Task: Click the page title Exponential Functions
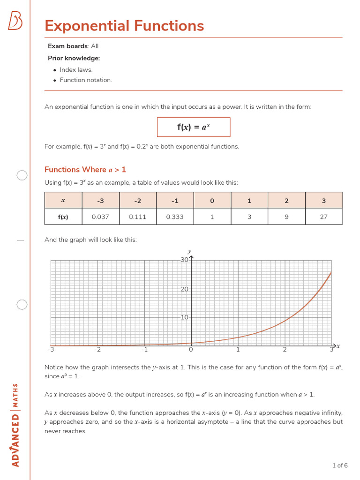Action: [x=124, y=26]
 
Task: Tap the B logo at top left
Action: [x=15, y=21]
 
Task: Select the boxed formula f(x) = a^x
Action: [x=194, y=127]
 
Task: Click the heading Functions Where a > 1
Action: [x=85, y=170]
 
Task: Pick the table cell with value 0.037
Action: [x=101, y=217]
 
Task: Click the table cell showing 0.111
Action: [x=138, y=217]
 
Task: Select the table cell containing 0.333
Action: [x=175, y=217]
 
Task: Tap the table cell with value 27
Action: [x=324, y=217]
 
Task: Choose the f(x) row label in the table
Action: [x=63, y=217]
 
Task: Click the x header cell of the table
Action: [x=63, y=201]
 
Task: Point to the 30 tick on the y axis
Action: [x=184, y=260]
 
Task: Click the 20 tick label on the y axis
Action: [x=184, y=289]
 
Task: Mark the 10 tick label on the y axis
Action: [x=184, y=317]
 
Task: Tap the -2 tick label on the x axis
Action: [x=97, y=349]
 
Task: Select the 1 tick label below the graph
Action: [x=238, y=349]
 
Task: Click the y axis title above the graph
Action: [x=189, y=251]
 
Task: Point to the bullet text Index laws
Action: [x=76, y=70]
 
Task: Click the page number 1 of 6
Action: [x=340, y=465]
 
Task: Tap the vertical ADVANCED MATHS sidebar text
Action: [x=15, y=425]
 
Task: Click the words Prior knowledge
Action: [x=74, y=58]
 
